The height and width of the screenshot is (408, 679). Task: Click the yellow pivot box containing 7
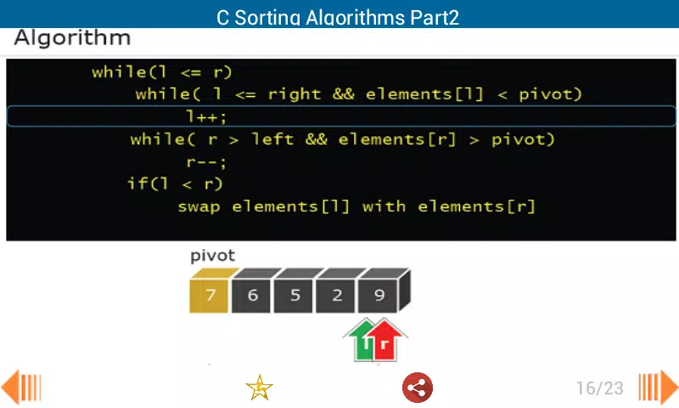209,295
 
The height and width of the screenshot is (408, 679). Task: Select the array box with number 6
251,295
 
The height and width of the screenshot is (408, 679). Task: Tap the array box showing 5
294,295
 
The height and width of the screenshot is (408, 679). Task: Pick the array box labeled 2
335,295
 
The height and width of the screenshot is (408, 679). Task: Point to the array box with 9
378,295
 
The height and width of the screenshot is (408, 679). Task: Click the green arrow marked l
363,340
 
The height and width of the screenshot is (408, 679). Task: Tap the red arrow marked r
385,340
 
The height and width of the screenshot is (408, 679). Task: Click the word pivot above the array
212,256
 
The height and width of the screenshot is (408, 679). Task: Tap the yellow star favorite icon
259,388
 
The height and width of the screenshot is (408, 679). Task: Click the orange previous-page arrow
21,387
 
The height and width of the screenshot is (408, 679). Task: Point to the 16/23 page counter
600,388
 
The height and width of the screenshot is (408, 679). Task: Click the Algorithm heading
72,38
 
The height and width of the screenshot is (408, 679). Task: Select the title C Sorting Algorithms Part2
338,18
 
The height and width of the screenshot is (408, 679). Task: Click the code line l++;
206,116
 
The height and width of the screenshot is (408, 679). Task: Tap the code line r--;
206,162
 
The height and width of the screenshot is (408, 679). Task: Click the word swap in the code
199,207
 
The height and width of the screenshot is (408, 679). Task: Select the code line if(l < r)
175,184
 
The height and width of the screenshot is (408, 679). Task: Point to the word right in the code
295,94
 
